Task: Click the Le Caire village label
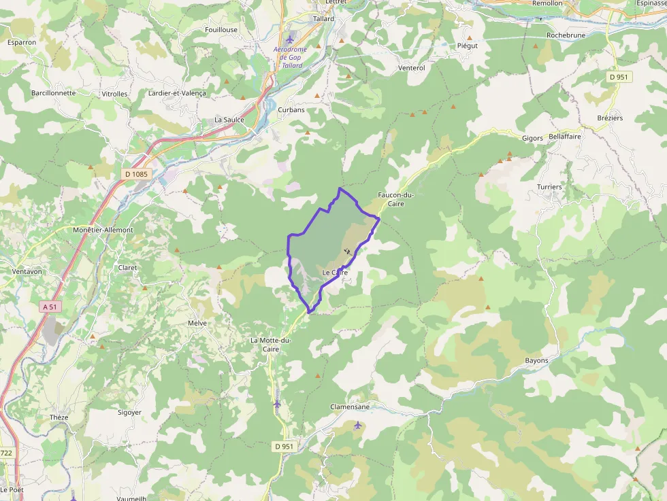pos(335,273)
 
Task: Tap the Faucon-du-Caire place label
pos(391,198)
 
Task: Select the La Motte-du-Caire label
pos(271,344)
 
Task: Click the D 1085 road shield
pos(136,175)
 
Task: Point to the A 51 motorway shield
pos(50,307)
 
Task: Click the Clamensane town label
pos(350,407)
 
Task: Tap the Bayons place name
pos(537,360)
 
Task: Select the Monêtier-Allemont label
pos(103,230)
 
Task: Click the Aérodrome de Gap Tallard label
pos(291,57)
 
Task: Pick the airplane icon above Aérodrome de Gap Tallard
pos(291,37)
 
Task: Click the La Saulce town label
pos(229,120)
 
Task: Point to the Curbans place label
pos(291,109)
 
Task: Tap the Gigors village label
pos(532,138)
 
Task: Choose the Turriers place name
pos(549,187)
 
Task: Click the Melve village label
pos(197,323)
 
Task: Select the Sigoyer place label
pos(129,413)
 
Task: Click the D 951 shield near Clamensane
pos(284,446)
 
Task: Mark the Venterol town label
pos(412,68)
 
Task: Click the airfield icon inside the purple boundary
pos(348,252)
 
